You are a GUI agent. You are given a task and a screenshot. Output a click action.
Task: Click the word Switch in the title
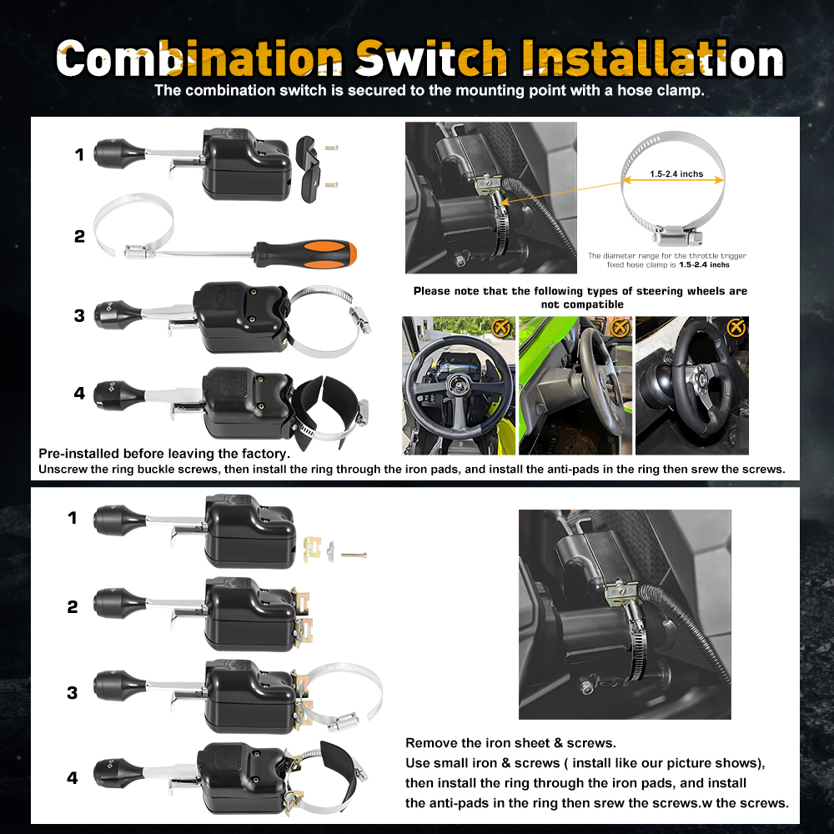431,58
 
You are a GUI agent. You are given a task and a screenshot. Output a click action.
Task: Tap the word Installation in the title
652,58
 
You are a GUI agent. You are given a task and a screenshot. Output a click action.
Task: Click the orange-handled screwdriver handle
306,254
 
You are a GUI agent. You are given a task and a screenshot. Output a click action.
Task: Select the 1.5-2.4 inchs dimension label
676,174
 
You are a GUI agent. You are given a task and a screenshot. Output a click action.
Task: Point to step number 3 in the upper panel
79,315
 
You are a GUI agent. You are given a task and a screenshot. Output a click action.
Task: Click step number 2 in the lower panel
73,606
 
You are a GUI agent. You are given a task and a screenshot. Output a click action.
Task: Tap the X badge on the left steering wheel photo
500,328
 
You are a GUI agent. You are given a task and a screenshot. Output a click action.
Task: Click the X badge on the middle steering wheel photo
619,328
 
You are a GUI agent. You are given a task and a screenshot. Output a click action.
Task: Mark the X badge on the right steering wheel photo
736,328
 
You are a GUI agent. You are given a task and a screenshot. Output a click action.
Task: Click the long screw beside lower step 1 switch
354,555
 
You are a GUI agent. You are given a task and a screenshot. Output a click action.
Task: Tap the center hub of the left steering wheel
456,381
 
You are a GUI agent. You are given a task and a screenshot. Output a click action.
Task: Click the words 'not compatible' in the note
582,304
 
